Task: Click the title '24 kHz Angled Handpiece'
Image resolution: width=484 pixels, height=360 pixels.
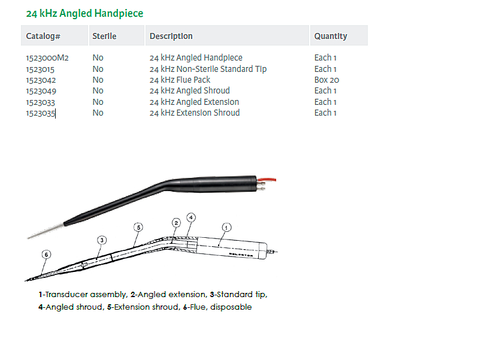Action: pos(84,14)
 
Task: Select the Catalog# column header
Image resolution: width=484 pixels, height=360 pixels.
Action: pos(43,36)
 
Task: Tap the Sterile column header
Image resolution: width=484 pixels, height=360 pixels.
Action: pos(104,36)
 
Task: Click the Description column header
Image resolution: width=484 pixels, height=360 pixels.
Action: pos(171,36)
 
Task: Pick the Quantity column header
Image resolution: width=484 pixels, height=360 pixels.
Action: pos(331,36)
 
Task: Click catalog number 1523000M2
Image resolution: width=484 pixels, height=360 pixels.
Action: pos(47,58)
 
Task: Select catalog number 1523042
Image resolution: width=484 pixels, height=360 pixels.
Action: pos(41,80)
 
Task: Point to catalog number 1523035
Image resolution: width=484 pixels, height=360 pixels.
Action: pos(41,113)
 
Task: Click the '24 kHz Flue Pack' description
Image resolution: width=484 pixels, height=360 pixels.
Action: pos(180,80)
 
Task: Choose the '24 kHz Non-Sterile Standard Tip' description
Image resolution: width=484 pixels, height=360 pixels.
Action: pos(208,69)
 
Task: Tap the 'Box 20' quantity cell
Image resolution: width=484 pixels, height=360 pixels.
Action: pos(326,80)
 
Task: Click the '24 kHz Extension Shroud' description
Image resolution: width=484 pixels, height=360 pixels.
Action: pos(195,113)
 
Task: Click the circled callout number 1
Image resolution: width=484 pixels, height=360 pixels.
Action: pos(226,228)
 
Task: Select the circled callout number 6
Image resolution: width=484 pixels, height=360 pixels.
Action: pos(46,255)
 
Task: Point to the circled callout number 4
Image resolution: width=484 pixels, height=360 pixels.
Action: pos(191,217)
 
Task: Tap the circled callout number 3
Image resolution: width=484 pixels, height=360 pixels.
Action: pos(102,240)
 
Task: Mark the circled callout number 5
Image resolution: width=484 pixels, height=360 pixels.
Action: pos(138,228)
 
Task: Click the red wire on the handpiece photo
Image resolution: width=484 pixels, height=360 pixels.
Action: pos(267,180)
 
